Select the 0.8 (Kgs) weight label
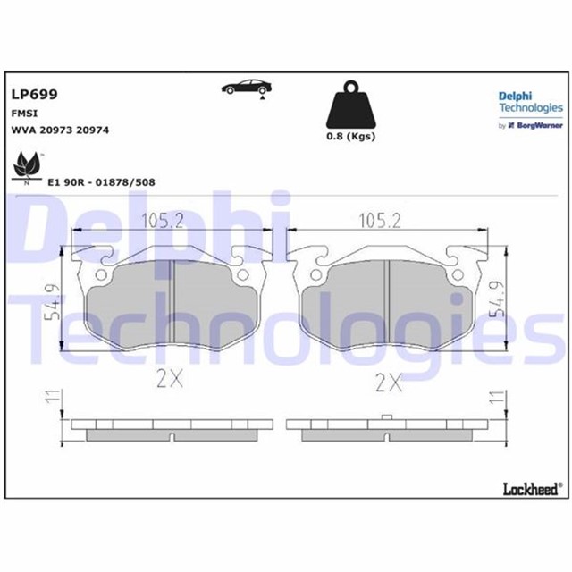[x=349, y=137]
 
